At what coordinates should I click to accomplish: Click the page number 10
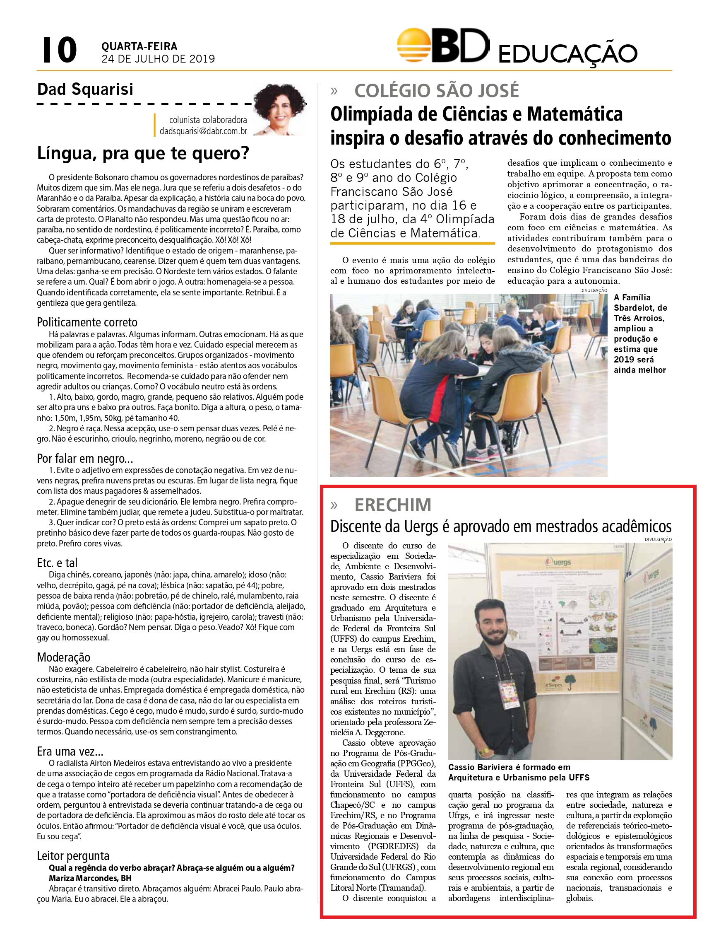click(x=60, y=50)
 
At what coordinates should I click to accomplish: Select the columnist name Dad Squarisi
click(x=85, y=89)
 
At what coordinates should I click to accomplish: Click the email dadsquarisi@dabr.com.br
click(x=203, y=131)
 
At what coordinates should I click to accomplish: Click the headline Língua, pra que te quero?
click(x=143, y=153)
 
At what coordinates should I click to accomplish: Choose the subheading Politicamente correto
click(x=87, y=322)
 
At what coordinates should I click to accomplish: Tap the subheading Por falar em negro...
click(x=85, y=458)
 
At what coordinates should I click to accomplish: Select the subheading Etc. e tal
click(x=58, y=563)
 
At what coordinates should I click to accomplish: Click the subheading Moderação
click(x=64, y=657)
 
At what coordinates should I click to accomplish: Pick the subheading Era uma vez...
click(x=70, y=751)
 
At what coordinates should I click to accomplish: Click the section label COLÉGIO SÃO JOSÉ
click(x=437, y=91)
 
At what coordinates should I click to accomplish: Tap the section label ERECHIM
click(x=393, y=505)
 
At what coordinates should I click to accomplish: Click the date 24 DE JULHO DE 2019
click(x=158, y=59)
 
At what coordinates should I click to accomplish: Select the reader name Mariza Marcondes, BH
click(x=90, y=878)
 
